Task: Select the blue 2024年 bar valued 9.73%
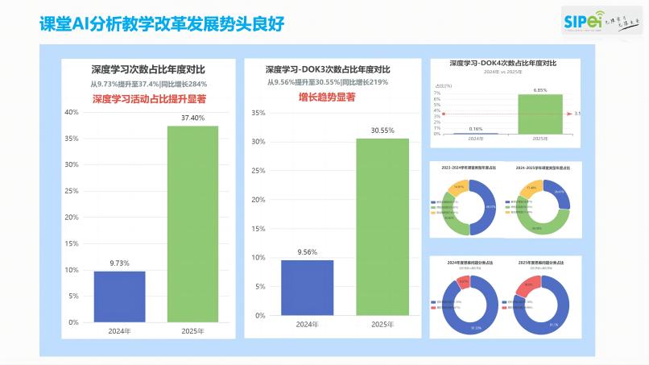[x=119, y=296]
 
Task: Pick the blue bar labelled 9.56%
[x=307, y=288]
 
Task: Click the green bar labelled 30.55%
[x=382, y=226]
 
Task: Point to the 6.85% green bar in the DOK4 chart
[x=540, y=114]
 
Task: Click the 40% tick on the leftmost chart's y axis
[x=72, y=112]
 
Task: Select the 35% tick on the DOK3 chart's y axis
[x=258, y=113]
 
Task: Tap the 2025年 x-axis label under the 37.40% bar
[x=192, y=330]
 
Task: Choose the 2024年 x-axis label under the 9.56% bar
[x=307, y=324]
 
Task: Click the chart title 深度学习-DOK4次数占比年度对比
[x=502, y=63]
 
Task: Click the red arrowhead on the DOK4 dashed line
[x=569, y=114]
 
